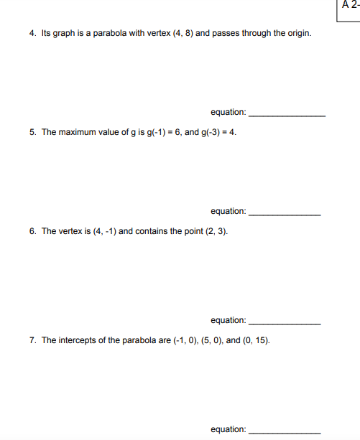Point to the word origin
298,34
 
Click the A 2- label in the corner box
350,5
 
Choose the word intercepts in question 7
77,340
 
